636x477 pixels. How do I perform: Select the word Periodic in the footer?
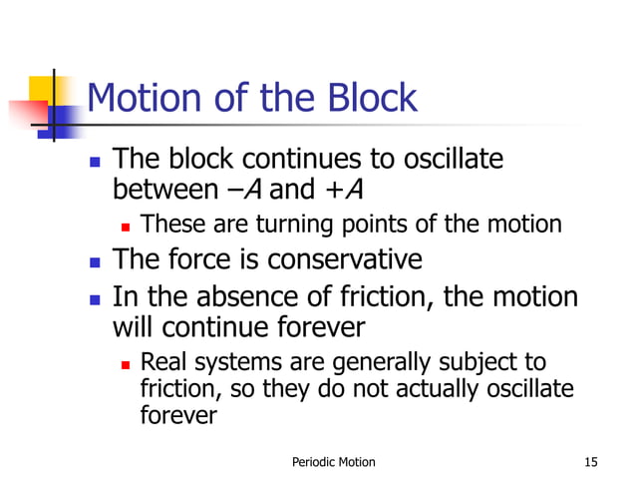(x=313, y=461)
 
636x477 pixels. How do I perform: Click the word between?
(x=165, y=187)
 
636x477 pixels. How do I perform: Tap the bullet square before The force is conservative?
(x=95, y=261)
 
